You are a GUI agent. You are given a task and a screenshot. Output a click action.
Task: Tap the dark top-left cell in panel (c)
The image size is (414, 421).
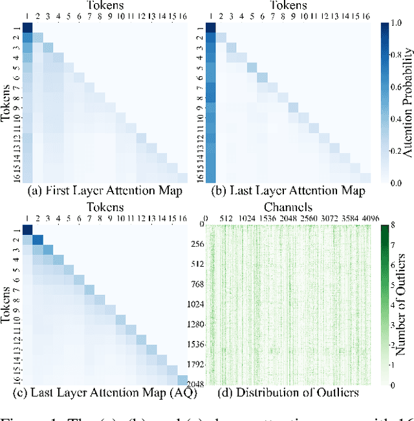click(28, 230)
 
